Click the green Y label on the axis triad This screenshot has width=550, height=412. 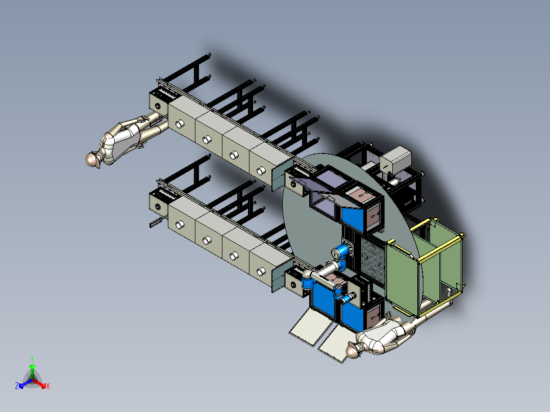[32, 358]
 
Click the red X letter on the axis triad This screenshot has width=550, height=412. [47, 387]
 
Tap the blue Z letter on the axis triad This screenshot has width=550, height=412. [17, 387]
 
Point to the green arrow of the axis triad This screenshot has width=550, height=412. [32, 368]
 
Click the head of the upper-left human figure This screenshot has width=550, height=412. [92, 160]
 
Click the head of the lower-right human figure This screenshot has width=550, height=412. [352, 350]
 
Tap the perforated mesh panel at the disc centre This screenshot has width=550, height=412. [372, 257]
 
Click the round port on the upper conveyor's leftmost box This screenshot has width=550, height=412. [180, 124]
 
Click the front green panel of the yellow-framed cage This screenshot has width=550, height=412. [403, 276]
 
